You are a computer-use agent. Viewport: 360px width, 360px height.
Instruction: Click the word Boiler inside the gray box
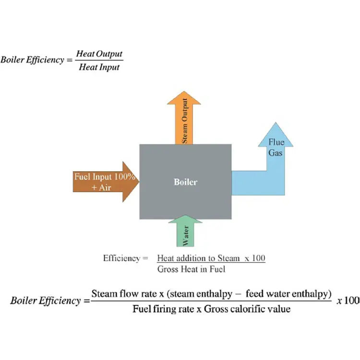click(x=185, y=182)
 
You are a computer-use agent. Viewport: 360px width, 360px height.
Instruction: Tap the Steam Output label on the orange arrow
click(x=185, y=123)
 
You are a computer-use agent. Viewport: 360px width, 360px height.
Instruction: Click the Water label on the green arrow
click(x=185, y=237)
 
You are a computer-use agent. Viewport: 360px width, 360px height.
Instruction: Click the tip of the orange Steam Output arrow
click(x=184, y=92)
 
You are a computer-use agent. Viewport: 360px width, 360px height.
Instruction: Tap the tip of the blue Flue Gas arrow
click(x=276, y=124)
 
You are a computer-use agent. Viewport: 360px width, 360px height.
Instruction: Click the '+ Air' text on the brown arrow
click(x=101, y=187)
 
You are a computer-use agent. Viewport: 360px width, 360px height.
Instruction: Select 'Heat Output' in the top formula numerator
click(x=99, y=54)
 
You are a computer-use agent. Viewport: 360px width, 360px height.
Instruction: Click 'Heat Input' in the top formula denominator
click(x=99, y=67)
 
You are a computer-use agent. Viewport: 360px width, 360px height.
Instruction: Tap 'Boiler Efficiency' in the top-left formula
click(x=32, y=60)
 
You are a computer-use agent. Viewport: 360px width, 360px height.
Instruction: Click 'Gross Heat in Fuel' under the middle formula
click(x=191, y=269)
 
